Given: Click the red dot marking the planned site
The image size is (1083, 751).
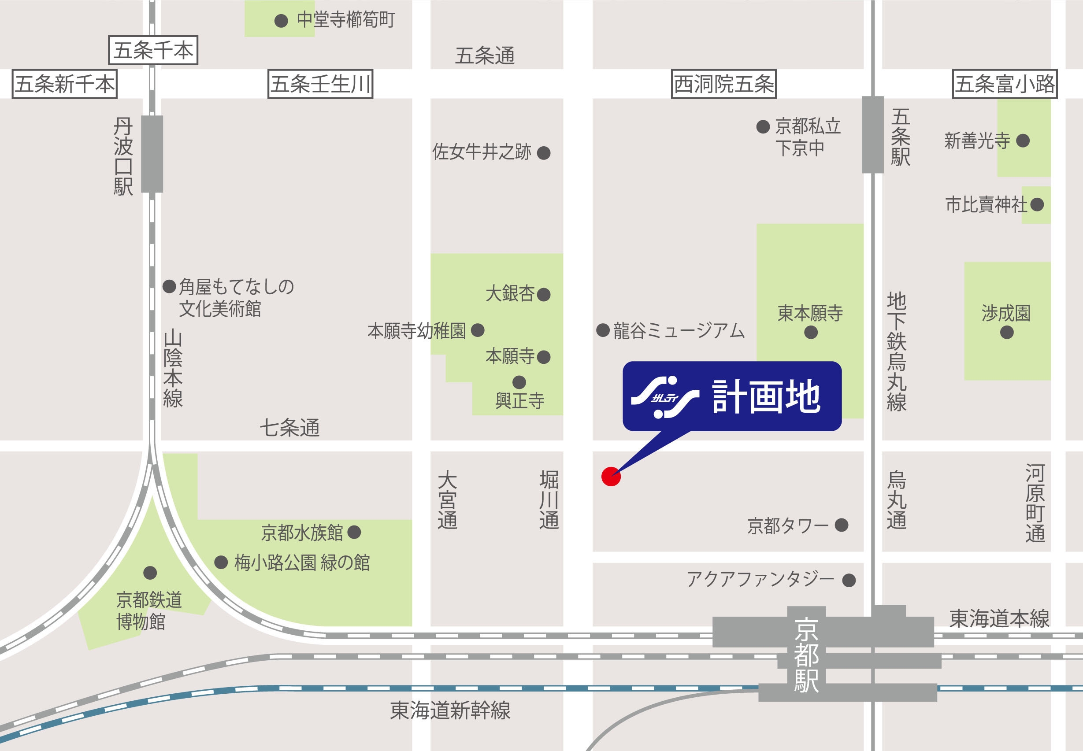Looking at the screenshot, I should click(x=611, y=476).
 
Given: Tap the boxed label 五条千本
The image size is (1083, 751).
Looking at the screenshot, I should click(x=153, y=50).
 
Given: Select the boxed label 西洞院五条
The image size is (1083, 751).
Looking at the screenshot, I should click(x=723, y=84).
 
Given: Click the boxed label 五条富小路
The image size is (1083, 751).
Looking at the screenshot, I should click(x=1005, y=84).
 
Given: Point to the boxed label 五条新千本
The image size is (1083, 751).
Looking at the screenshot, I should click(x=64, y=84).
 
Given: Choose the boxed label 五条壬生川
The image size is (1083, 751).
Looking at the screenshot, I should click(x=320, y=84).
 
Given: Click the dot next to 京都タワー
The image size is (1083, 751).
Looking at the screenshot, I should click(x=842, y=525).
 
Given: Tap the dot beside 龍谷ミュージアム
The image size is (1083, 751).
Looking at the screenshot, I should click(x=603, y=330).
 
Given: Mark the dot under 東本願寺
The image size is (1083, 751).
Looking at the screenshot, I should click(x=810, y=333).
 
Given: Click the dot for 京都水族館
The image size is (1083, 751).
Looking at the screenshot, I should click(x=354, y=532).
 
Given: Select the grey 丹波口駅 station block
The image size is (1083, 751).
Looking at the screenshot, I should click(x=152, y=154).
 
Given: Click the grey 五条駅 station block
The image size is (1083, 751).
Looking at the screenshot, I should click(x=873, y=135).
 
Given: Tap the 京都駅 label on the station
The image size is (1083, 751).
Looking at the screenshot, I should click(x=806, y=655).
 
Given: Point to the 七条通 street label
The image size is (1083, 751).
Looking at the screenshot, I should click(x=289, y=428).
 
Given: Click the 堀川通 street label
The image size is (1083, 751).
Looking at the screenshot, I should click(x=549, y=500).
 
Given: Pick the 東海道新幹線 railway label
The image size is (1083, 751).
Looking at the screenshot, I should click(x=450, y=710).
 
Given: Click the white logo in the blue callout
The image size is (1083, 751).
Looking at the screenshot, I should click(x=664, y=397).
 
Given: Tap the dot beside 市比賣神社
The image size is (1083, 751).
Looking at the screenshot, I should click(x=1037, y=204).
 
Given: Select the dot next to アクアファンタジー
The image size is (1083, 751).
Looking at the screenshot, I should click(x=849, y=580).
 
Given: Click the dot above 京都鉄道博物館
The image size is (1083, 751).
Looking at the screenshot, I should click(x=150, y=573).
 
